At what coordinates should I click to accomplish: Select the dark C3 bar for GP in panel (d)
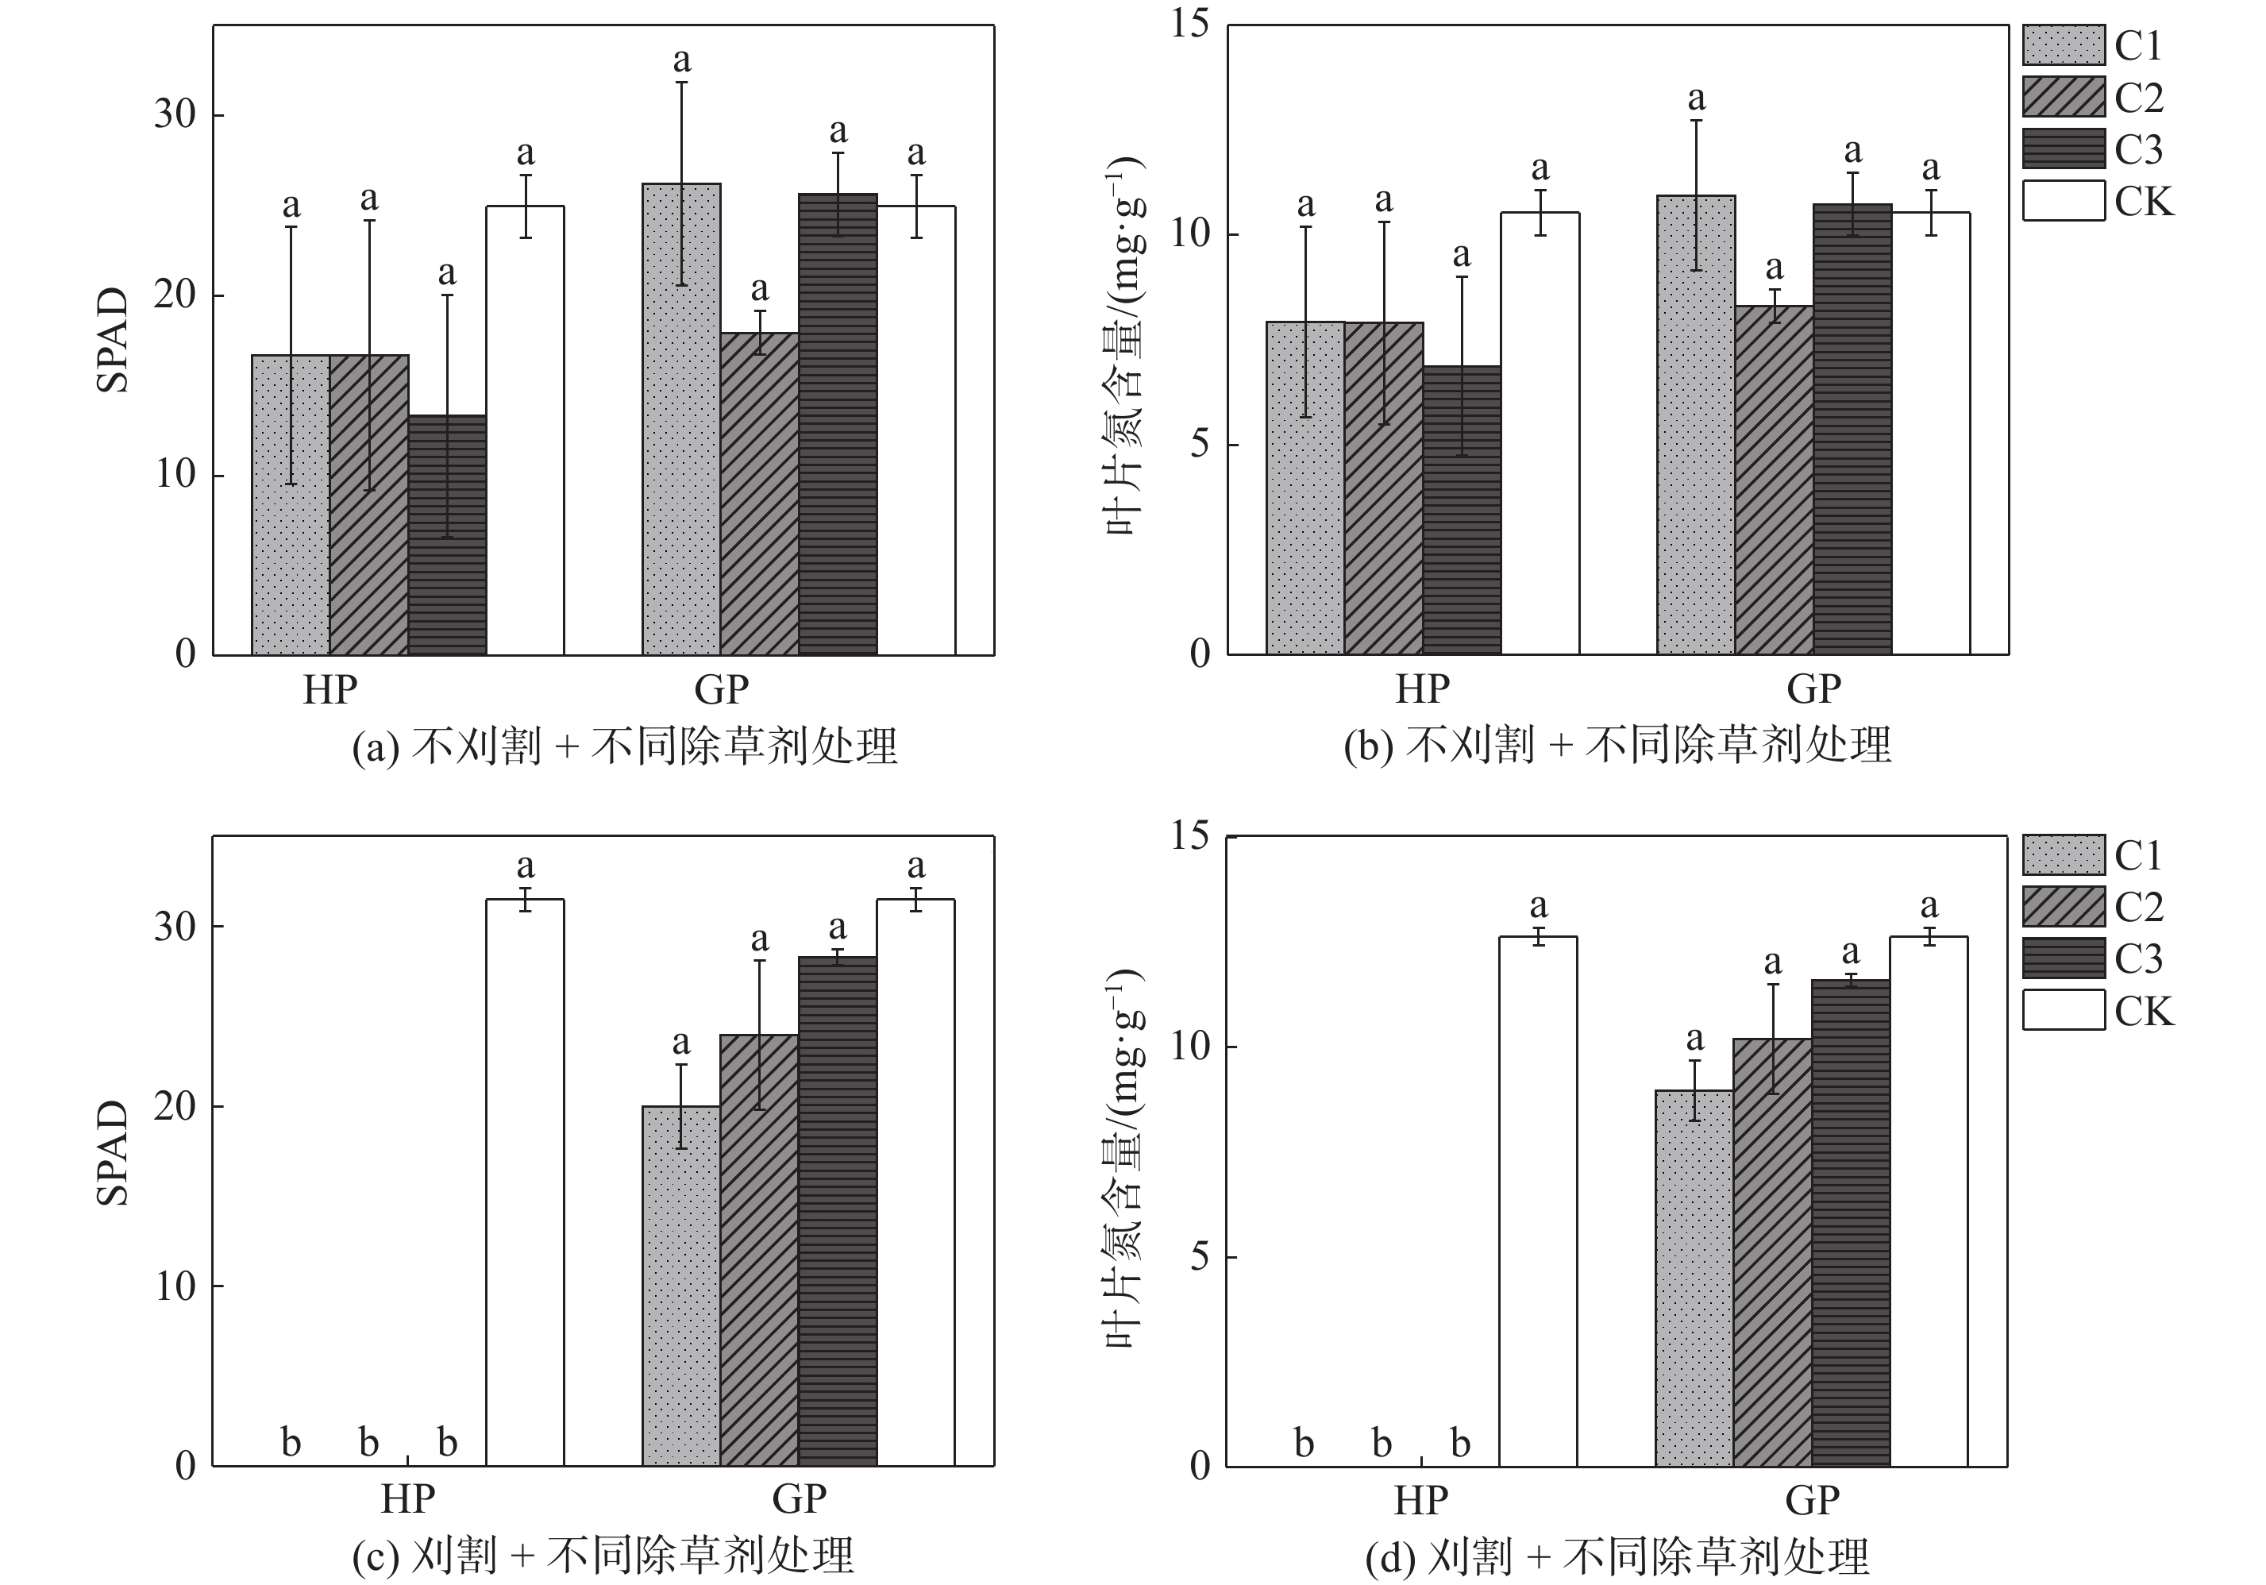(1851, 1223)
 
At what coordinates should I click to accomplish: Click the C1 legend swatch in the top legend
(2063, 45)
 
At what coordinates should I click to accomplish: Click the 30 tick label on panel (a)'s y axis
(175, 114)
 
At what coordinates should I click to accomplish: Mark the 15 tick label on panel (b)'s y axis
(1189, 24)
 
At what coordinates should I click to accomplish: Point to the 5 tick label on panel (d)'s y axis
(1199, 1257)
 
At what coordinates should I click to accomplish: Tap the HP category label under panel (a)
(329, 690)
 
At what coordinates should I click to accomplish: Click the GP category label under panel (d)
(1812, 1500)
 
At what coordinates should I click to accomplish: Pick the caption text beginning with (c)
(602, 1556)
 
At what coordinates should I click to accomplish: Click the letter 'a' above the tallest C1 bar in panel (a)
(682, 60)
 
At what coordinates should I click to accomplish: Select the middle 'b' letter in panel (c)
(369, 1443)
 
